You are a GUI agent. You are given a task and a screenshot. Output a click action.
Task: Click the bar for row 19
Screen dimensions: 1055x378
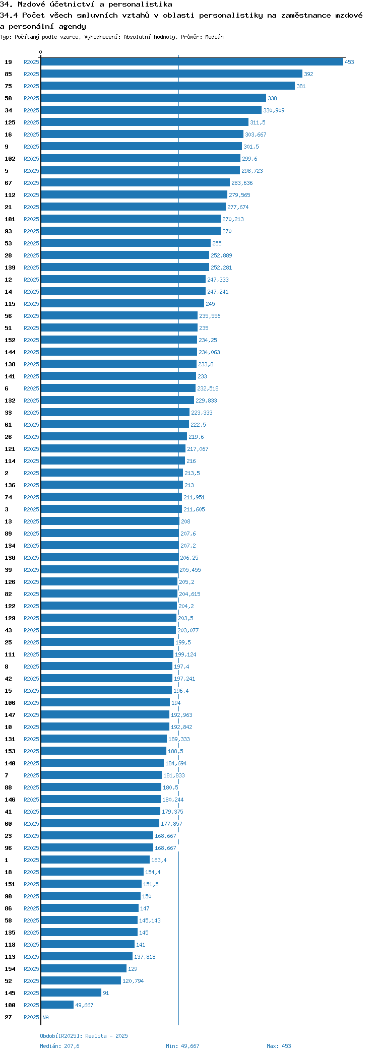pyautogui.click(x=192, y=62)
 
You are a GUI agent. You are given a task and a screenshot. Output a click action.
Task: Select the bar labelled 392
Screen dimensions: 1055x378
pyautogui.click(x=171, y=74)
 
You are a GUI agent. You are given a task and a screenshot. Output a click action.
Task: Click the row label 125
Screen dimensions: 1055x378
pyautogui.click(x=10, y=122)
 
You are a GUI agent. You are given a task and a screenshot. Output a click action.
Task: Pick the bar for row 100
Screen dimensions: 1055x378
pyautogui.click(x=57, y=1005)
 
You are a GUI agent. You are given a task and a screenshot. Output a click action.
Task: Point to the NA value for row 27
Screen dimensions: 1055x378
pyautogui.click(x=45, y=1017)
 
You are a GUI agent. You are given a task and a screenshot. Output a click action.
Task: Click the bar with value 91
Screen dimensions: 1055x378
pyautogui.click(x=71, y=993)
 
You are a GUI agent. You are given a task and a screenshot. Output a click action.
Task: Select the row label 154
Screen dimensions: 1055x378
pyautogui.click(x=10, y=969)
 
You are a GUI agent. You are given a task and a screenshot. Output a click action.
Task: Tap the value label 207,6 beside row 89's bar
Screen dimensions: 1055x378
pyautogui.click(x=188, y=534)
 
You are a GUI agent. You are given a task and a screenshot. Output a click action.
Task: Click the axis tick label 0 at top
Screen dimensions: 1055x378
pyautogui.click(x=41, y=52)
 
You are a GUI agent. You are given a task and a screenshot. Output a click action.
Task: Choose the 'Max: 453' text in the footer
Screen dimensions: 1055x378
pyautogui.click(x=279, y=1046)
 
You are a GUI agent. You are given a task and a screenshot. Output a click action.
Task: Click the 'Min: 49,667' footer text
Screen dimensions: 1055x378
pyautogui.click(x=182, y=1046)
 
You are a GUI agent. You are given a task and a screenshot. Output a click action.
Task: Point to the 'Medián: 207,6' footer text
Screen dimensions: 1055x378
pyautogui.click(x=59, y=1046)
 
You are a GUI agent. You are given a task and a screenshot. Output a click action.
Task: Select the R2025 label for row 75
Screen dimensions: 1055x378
pyautogui.click(x=31, y=86)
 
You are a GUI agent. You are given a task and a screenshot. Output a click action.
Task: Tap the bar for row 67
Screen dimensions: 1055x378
pyautogui.click(x=135, y=183)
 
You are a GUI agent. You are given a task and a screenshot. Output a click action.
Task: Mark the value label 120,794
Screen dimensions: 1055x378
pyautogui.click(x=133, y=981)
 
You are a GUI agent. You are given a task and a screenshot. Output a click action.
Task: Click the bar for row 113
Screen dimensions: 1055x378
pyautogui.click(x=87, y=957)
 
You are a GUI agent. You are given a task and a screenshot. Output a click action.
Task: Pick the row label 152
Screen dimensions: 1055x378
pyautogui.click(x=10, y=340)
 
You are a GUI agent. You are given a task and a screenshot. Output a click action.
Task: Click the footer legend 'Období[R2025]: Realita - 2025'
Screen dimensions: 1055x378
pyautogui.click(x=84, y=1036)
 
